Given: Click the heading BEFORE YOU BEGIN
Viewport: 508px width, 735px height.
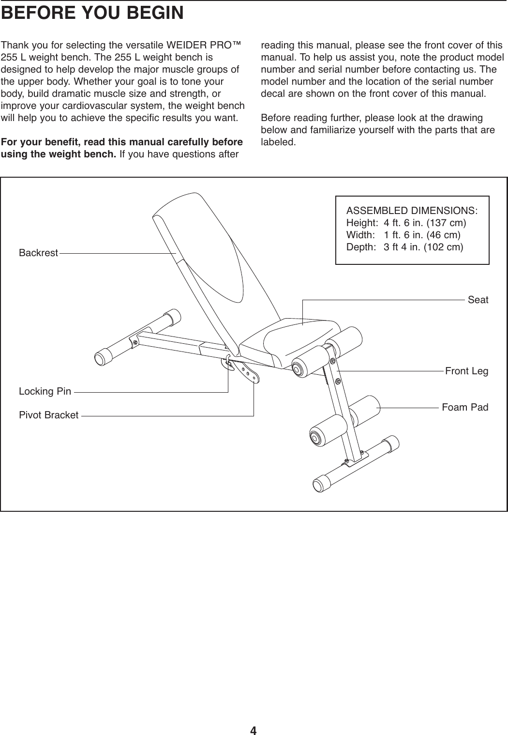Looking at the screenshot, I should [92, 13].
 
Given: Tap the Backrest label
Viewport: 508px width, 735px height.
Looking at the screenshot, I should [38, 253].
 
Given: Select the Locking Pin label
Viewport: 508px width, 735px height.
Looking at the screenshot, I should [45, 391].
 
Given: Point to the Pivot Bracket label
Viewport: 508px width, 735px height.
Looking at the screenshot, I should [48, 415].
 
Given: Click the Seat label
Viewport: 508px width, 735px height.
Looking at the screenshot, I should [478, 300].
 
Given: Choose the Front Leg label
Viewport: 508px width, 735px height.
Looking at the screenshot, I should [466, 371].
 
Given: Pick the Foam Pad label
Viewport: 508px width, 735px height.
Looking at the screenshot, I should [465, 407].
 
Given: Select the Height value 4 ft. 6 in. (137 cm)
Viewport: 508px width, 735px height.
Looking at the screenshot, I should [424, 223].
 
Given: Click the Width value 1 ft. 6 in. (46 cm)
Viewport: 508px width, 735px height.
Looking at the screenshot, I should [421, 235].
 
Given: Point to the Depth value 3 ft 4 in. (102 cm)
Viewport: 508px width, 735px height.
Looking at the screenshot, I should [423, 247].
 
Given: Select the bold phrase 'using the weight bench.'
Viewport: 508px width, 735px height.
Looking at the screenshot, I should [59, 154].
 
